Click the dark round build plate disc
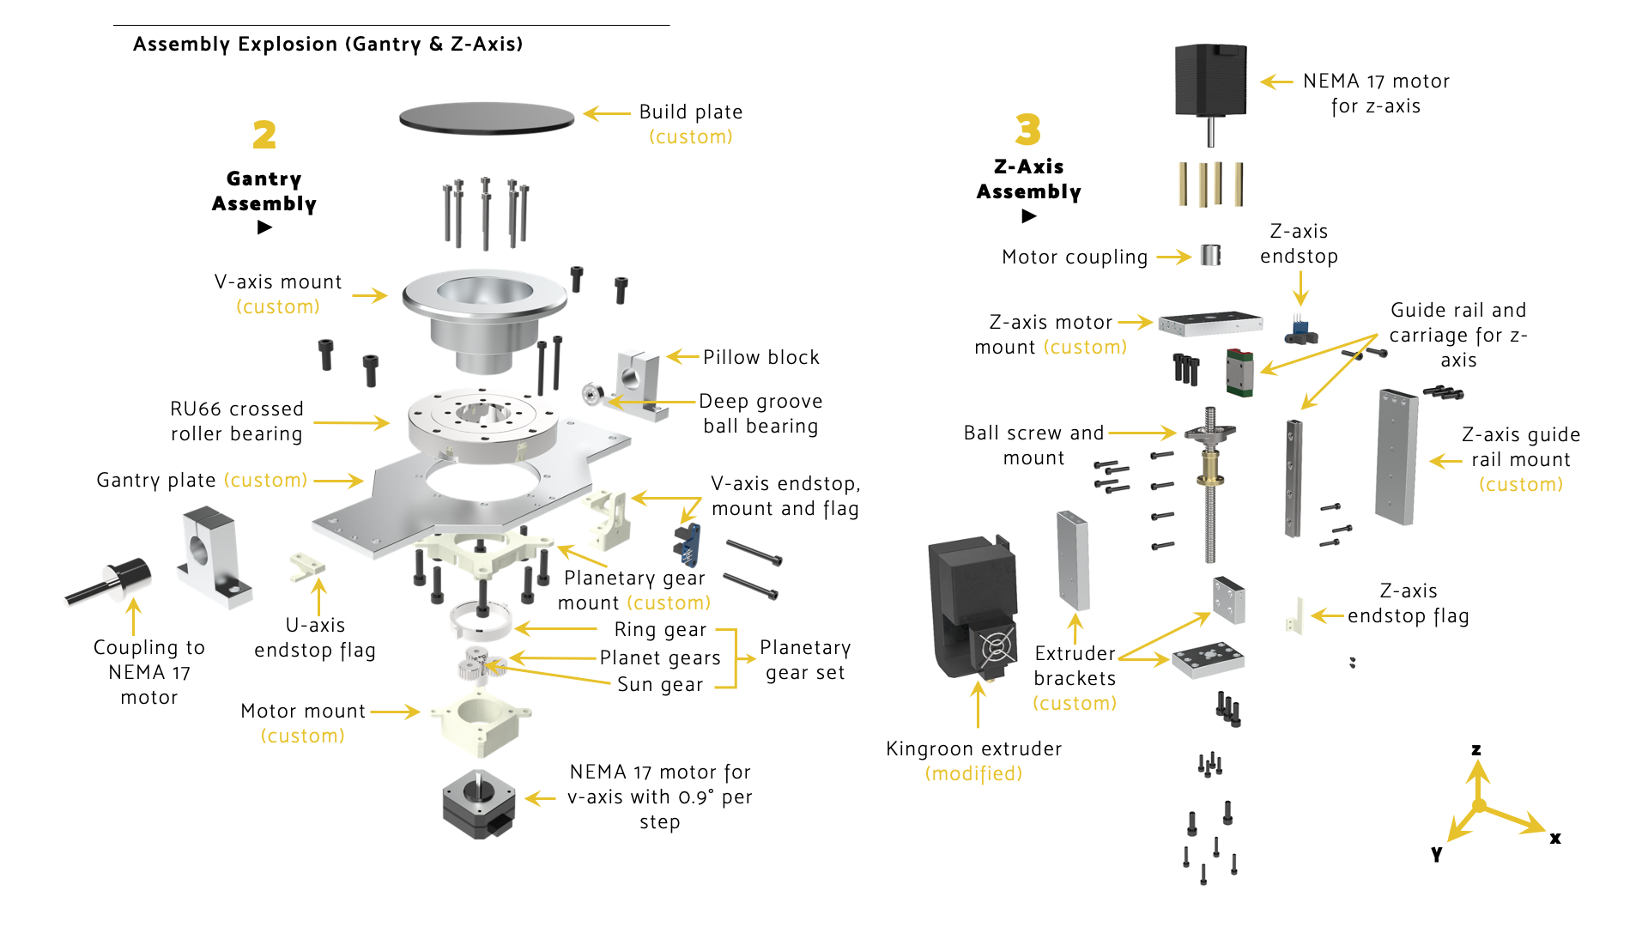(x=487, y=118)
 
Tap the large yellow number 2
(x=264, y=135)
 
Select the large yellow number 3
(x=1027, y=130)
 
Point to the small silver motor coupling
(x=1210, y=255)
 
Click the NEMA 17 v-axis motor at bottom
(x=479, y=803)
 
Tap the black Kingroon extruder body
(x=974, y=605)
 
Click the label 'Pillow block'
(x=760, y=357)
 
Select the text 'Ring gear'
(x=660, y=629)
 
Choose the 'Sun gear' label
(x=660, y=684)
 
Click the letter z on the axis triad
(x=1476, y=749)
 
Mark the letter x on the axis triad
(x=1555, y=838)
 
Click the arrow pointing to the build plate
(x=607, y=113)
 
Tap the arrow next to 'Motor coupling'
(x=1173, y=257)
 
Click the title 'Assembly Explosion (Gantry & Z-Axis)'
(x=328, y=44)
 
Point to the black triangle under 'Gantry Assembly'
(x=264, y=227)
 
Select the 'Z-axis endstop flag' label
(x=1408, y=603)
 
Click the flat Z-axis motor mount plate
(x=1210, y=324)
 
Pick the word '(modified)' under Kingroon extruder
(x=973, y=773)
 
